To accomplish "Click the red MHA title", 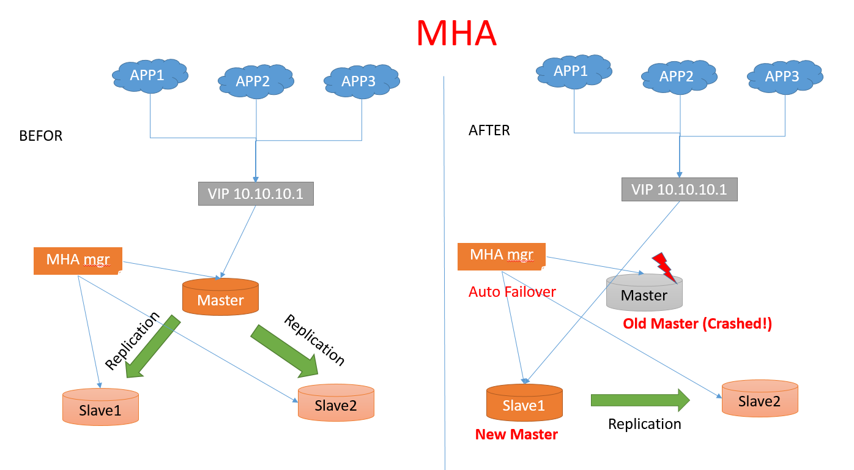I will pyautogui.click(x=456, y=33).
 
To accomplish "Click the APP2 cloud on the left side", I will pyautogui.click(x=253, y=81).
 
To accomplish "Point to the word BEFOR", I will pyautogui.click(x=41, y=136).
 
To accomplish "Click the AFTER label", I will pyautogui.click(x=489, y=130).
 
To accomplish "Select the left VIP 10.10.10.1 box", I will pyautogui.click(x=256, y=193).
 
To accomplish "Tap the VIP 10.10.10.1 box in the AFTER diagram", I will pyautogui.click(x=679, y=189).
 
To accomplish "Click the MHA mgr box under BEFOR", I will pyautogui.click(x=78, y=260).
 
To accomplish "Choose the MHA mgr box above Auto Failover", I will pyautogui.click(x=502, y=255).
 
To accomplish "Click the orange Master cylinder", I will pyautogui.click(x=221, y=296).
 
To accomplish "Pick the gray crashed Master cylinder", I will pyautogui.click(x=644, y=292).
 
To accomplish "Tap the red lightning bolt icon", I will pyautogui.click(x=666, y=267).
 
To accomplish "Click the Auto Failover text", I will pyautogui.click(x=512, y=292).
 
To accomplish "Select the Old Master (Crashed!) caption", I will pyautogui.click(x=697, y=324).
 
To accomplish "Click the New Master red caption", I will pyautogui.click(x=516, y=435).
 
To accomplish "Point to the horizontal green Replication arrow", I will pyautogui.click(x=640, y=400).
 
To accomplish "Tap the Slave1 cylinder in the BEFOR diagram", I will pyautogui.click(x=100, y=406).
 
